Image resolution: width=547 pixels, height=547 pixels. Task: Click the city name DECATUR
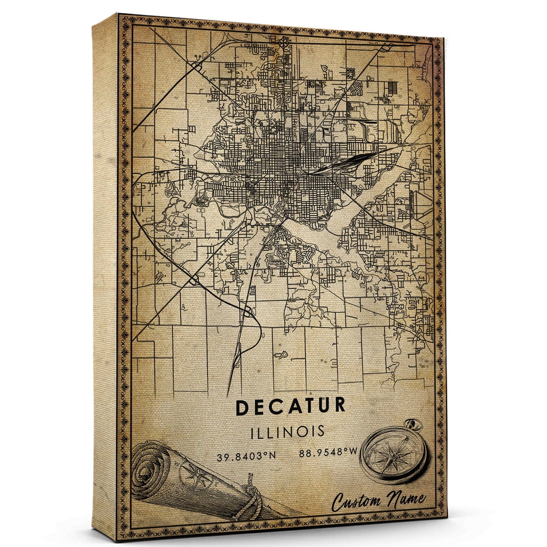coord(290,407)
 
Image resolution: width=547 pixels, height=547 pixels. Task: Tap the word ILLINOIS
coord(288,431)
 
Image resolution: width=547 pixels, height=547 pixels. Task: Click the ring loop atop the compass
coord(416,425)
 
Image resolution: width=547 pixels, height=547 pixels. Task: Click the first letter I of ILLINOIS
coord(253,431)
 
